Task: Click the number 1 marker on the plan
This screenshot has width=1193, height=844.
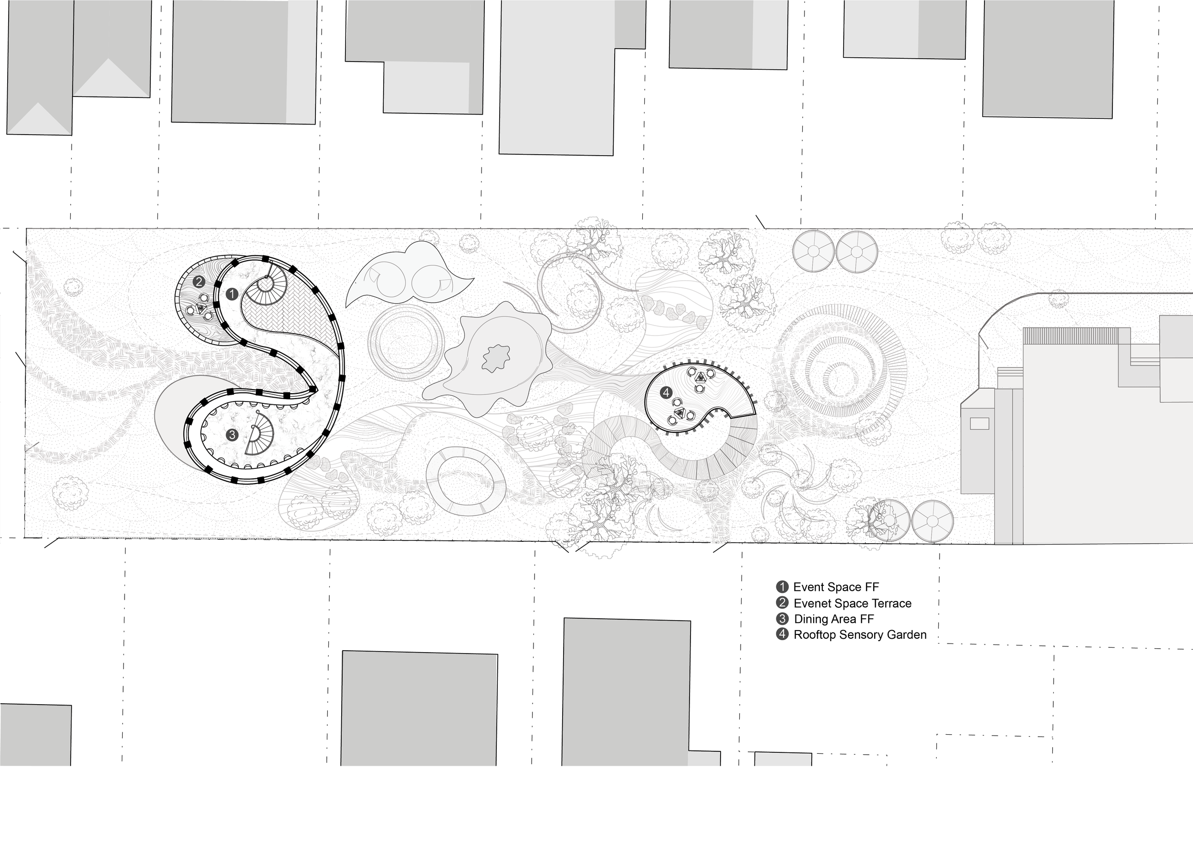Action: (232, 295)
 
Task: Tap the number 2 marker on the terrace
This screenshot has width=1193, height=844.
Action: (198, 282)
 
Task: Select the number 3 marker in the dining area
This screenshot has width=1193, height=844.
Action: (232, 435)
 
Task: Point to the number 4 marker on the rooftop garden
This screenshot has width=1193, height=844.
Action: (666, 393)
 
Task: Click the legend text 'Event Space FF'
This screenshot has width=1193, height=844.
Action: (836, 587)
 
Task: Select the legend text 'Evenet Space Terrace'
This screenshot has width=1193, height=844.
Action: (852, 603)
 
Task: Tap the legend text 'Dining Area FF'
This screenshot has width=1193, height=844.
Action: (834, 619)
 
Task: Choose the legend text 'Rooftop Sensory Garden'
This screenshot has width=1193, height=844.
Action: (860, 634)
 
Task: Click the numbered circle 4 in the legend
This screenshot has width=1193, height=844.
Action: (782, 634)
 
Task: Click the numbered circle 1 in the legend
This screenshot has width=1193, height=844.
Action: (782, 587)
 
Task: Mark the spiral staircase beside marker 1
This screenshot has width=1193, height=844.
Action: (266, 285)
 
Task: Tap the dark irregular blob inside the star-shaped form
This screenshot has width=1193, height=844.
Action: (496, 358)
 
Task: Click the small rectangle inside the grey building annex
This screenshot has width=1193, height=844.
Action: (979, 424)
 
